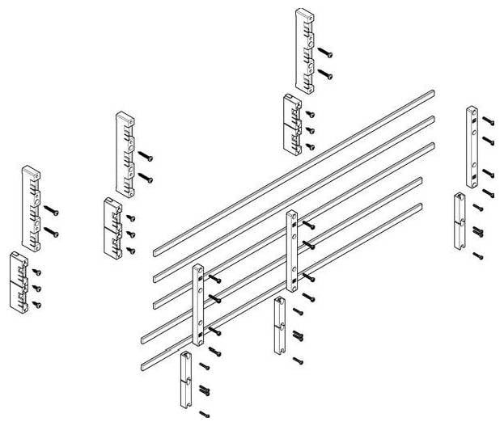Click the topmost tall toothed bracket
point(304,50)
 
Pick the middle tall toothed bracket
point(125,153)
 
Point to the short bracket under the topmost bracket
point(291,124)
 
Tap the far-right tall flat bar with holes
point(471,146)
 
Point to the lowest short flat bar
point(185,380)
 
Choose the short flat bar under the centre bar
point(280,325)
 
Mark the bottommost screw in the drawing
point(204,415)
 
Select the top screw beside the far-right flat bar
point(487,120)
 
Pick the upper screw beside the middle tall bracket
point(146,154)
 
